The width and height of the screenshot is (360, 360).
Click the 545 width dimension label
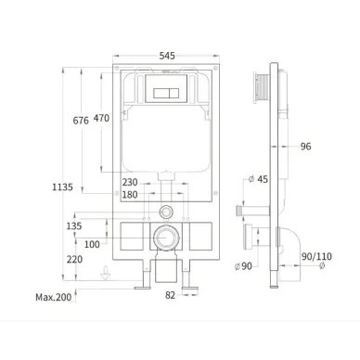point(167,56)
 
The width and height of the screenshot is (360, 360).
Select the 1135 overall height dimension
point(62,187)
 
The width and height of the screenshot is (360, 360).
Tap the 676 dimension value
point(81,121)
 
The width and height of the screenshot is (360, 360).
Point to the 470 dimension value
point(101,118)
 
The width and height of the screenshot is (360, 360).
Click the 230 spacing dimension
point(130,182)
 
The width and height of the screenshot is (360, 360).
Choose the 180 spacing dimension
point(130,195)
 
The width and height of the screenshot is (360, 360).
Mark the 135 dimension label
point(74,226)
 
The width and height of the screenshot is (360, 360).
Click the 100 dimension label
point(92,244)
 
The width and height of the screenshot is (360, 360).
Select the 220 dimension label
point(74,259)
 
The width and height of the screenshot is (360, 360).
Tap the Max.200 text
point(54,297)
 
